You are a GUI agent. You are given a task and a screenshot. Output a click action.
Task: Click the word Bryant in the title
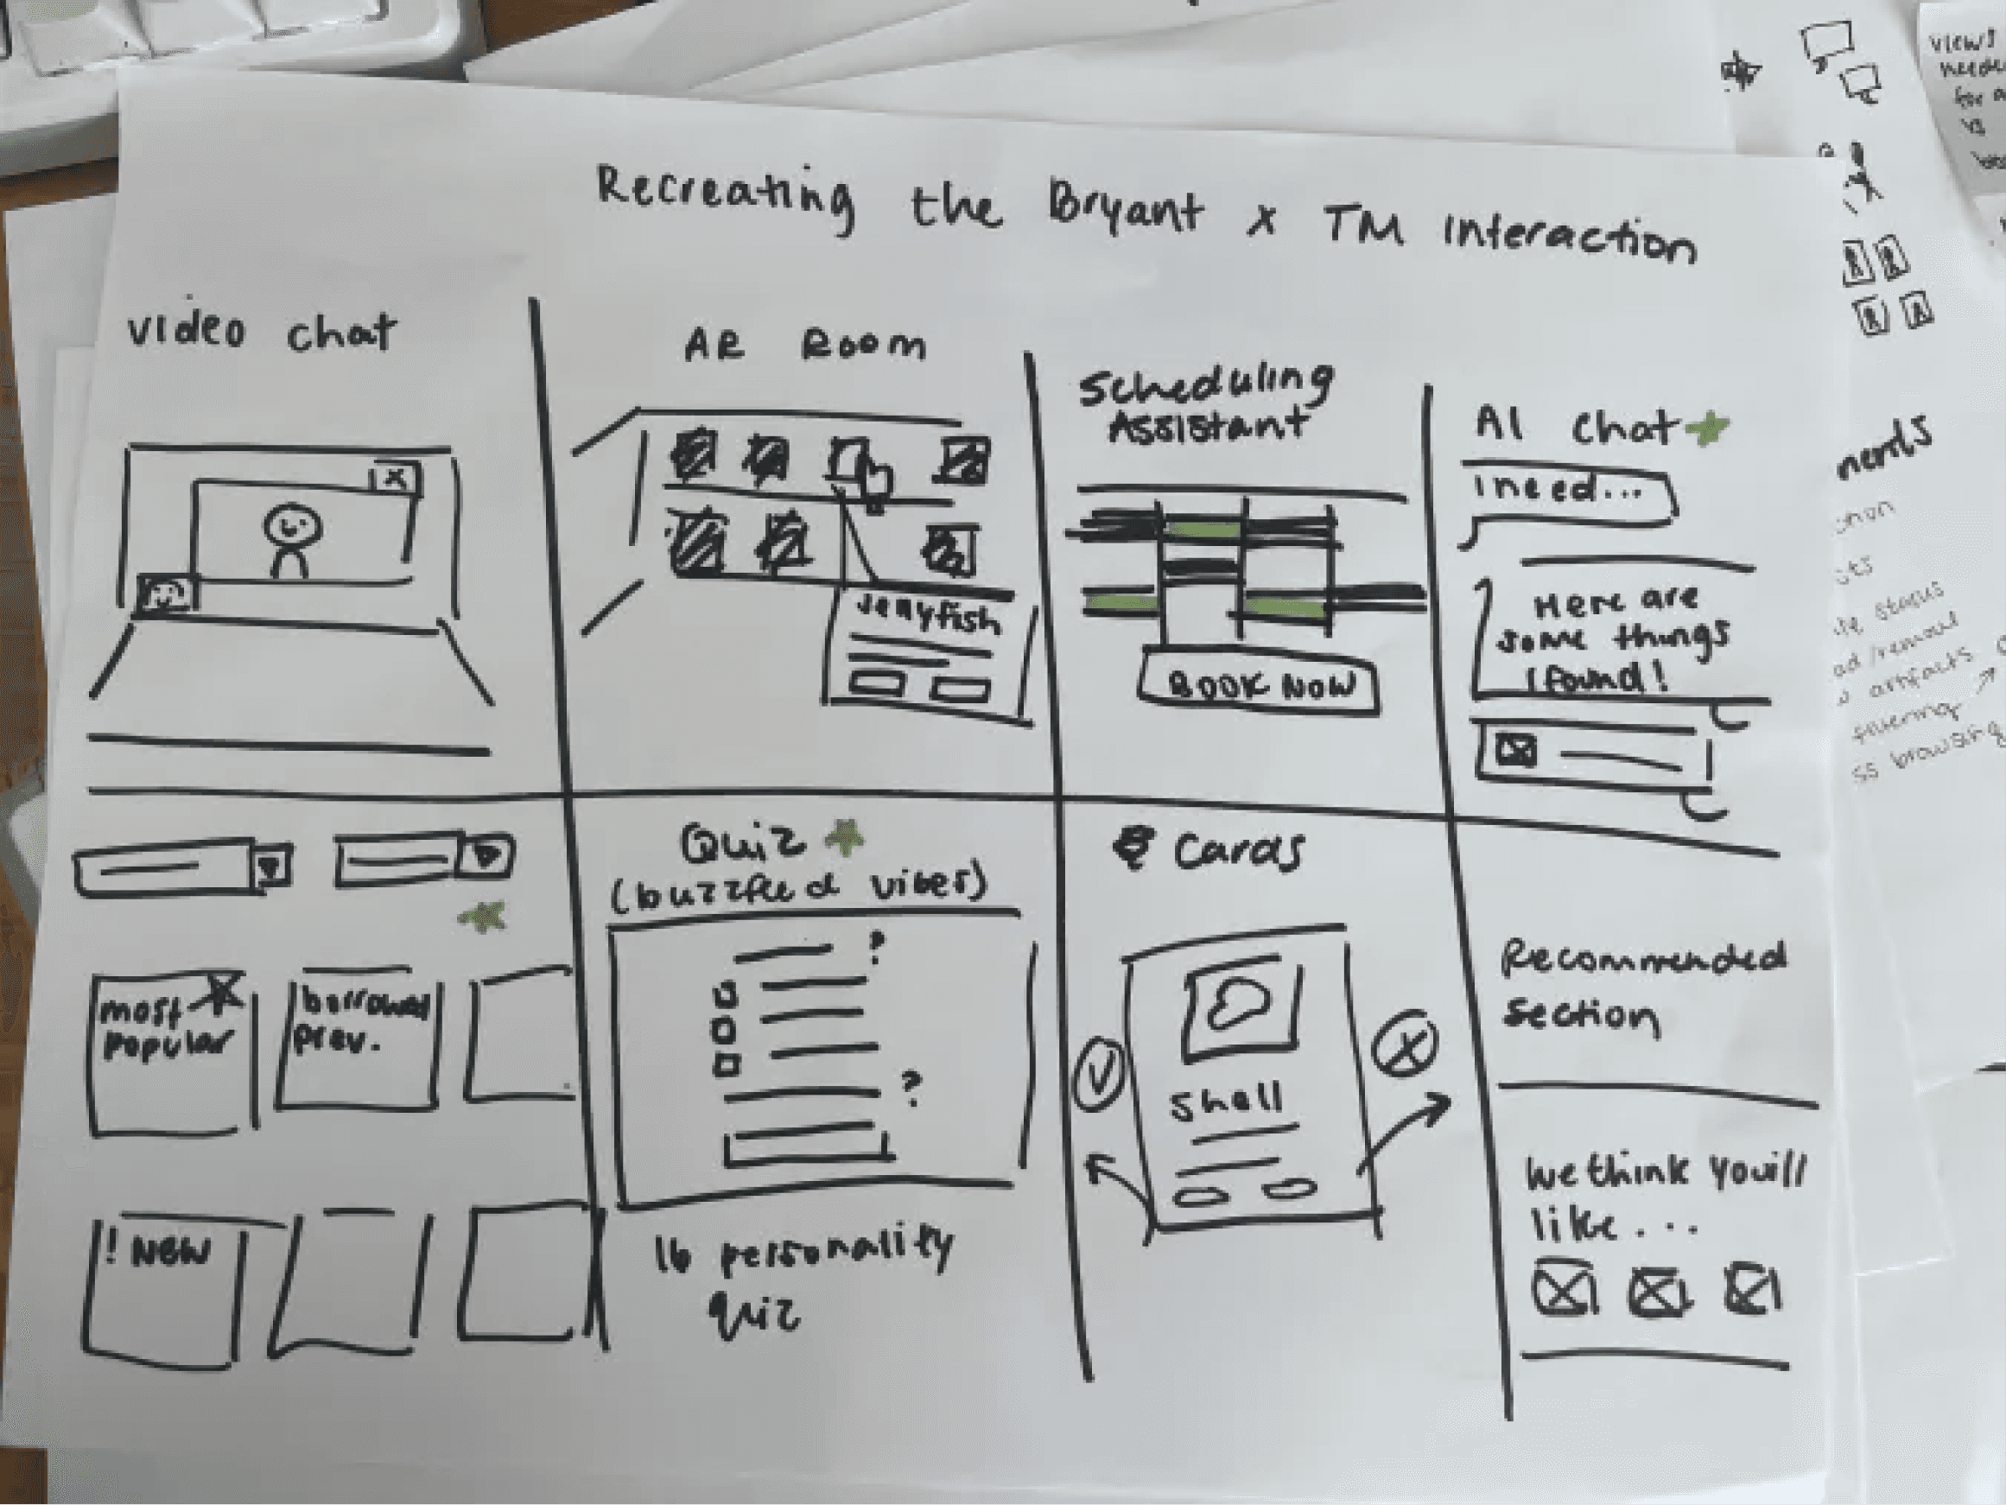click(1125, 211)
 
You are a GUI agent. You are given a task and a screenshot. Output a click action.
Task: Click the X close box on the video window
click(396, 478)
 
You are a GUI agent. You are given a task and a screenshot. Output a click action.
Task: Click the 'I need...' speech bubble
click(1569, 494)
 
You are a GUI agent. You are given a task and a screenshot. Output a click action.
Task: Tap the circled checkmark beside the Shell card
click(1098, 1076)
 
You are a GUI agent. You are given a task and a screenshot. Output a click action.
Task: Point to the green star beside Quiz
click(843, 838)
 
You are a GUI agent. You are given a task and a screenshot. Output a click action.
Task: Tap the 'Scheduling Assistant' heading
click(1206, 403)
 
